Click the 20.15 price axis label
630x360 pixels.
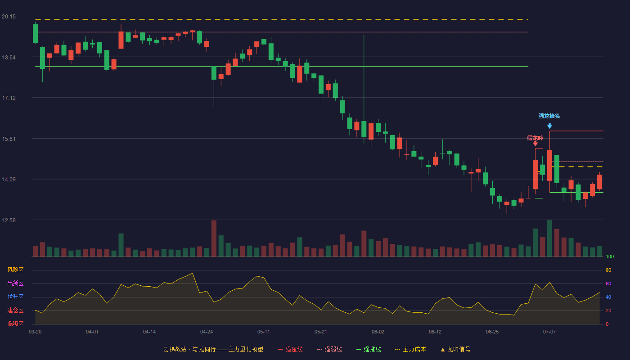point(9,17)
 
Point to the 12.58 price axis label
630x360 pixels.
point(9,220)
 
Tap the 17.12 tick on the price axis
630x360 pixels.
point(9,98)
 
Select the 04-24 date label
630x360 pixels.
point(207,332)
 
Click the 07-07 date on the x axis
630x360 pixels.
point(549,332)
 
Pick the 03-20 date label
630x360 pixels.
point(35,332)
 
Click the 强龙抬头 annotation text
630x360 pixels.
point(549,116)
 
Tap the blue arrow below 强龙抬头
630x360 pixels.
point(549,126)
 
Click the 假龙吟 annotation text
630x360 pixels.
point(535,138)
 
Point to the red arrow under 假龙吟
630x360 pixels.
point(535,144)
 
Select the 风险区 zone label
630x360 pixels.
point(15,270)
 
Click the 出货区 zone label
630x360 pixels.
point(15,283)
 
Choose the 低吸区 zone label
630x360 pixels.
point(15,324)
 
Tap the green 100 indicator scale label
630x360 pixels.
point(610,256)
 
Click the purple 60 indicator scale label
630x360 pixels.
point(608,283)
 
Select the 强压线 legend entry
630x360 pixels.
point(290,349)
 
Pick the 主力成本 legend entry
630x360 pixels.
point(410,349)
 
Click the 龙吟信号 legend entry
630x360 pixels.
point(455,349)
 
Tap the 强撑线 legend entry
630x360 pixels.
point(369,349)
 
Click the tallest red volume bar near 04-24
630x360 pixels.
point(214,238)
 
